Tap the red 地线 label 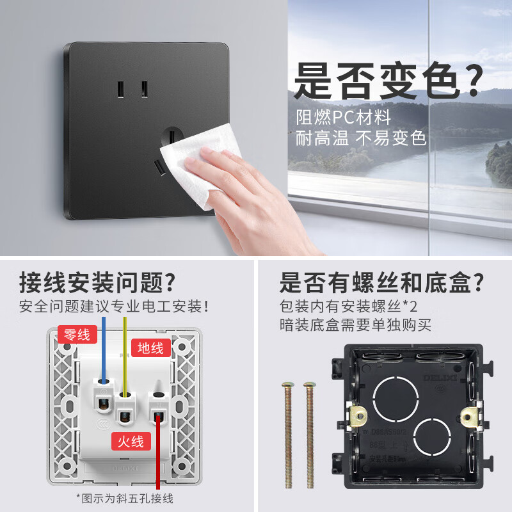coord(151,348)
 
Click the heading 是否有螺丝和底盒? coord(381,281)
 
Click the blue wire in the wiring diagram coord(103,352)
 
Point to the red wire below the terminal coord(157,461)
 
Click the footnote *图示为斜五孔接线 coord(124,499)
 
